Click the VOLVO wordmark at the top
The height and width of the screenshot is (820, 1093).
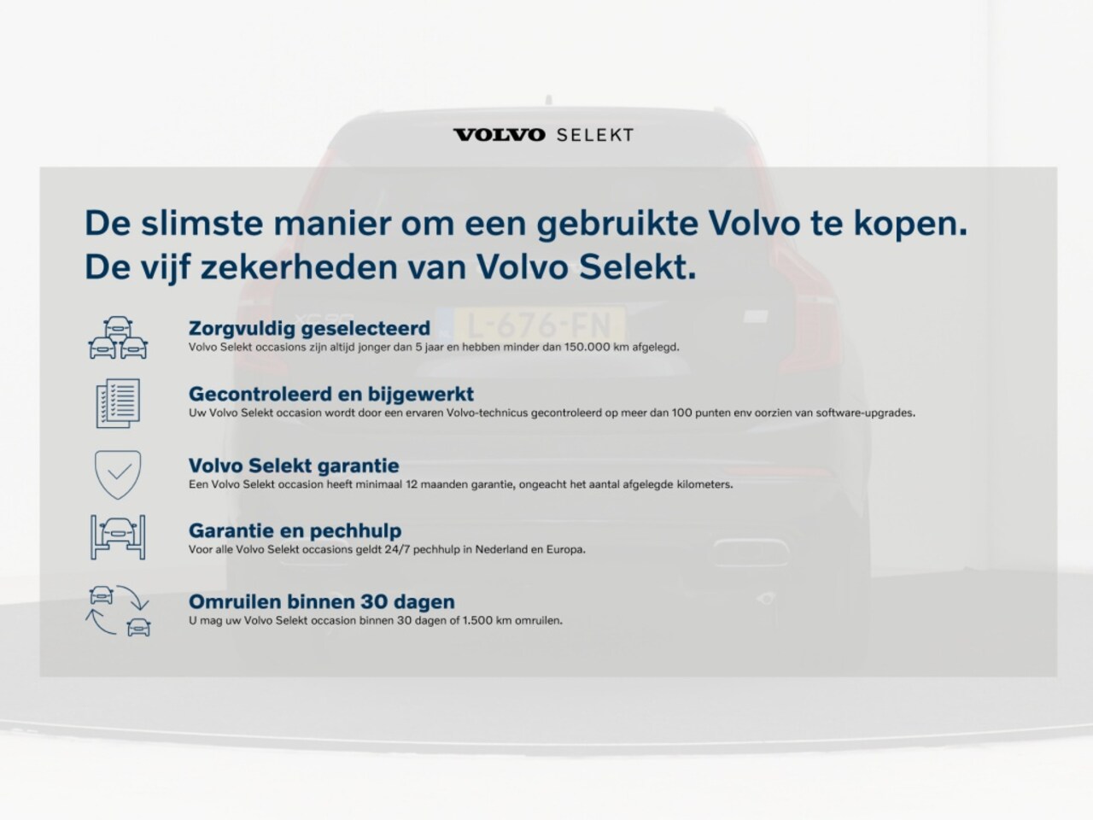499,135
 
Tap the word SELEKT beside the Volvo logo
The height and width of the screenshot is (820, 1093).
595,135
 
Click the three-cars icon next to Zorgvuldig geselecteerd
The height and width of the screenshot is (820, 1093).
118,337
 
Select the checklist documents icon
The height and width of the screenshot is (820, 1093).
118,403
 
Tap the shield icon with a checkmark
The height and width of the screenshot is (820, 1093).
118,474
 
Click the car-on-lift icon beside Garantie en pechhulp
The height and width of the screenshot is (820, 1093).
118,537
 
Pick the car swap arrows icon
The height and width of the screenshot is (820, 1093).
119,611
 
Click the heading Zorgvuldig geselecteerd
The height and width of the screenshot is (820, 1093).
309,329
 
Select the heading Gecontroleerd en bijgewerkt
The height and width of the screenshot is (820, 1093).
331,394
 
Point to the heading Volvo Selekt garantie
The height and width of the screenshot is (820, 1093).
294,466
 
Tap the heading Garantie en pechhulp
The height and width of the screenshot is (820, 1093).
295,530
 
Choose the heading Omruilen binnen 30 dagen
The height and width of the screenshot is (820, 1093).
322,602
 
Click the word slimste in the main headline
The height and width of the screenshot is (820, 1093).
202,223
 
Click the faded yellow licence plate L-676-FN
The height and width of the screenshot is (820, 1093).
540,325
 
